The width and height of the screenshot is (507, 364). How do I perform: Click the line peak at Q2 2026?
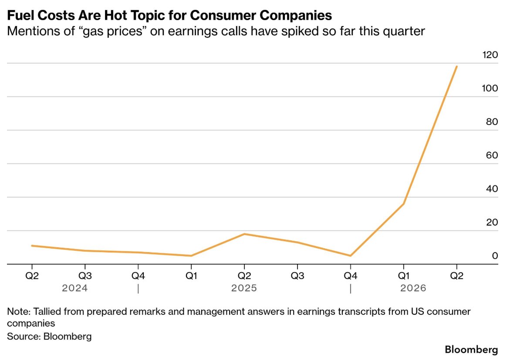point(456,66)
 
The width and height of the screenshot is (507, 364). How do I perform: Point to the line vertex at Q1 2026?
point(403,204)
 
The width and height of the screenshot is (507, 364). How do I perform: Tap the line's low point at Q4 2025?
point(351,256)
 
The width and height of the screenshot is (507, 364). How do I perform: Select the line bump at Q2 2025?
point(244,234)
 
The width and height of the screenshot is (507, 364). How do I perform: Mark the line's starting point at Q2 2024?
point(32,246)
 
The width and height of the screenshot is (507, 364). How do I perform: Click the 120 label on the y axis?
point(490,55)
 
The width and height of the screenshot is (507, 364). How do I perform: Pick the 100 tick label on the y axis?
point(490,88)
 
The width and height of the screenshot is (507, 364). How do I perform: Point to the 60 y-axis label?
point(492,155)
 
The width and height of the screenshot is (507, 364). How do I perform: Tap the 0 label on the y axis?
point(495,256)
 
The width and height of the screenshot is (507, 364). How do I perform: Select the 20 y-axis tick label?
point(492,222)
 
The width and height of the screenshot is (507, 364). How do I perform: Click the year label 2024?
point(74,288)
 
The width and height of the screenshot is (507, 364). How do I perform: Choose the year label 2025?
point(244,288)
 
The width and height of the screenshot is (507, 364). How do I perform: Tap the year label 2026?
point(413,288)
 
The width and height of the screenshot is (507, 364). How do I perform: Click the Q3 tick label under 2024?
point(85,276)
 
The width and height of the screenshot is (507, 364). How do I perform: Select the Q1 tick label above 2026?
point(403,276)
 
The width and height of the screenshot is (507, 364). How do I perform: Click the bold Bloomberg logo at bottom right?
point(471,350)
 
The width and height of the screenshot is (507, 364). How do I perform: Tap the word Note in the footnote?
point(18,312)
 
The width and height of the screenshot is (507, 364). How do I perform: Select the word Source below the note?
point(24,337)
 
